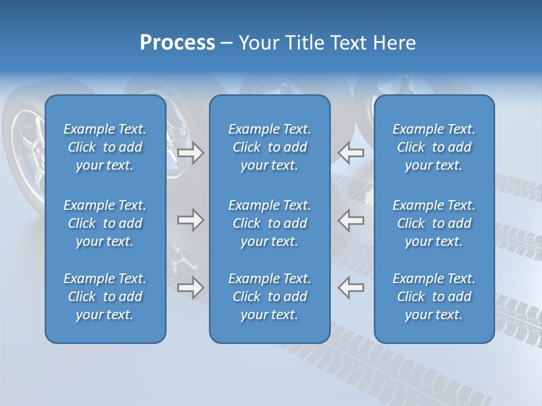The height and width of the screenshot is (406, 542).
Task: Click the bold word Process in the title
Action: point(177,43)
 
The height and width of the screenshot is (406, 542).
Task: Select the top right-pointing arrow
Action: point(191,153)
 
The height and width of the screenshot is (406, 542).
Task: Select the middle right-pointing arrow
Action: point(191,220)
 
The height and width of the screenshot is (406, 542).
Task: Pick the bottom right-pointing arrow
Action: point(191,288)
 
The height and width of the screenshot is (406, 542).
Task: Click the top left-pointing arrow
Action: point(351,153)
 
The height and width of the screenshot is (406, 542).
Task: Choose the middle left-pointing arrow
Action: point(351,220)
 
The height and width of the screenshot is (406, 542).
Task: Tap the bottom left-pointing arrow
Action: point(351,288)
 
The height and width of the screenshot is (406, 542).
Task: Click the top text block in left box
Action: point(105,147)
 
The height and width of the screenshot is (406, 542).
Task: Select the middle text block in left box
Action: point(105,223)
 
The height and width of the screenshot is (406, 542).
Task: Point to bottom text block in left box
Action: point(105,297)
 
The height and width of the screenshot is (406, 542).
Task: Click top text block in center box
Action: point(270,147)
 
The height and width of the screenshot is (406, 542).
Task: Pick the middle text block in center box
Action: point(270,223)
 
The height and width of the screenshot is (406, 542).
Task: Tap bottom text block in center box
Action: point(270,297)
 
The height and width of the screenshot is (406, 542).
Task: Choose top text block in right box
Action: point(434,147)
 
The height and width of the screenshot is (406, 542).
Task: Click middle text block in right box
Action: point(434,223)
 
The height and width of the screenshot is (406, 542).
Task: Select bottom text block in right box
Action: point(434,297)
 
